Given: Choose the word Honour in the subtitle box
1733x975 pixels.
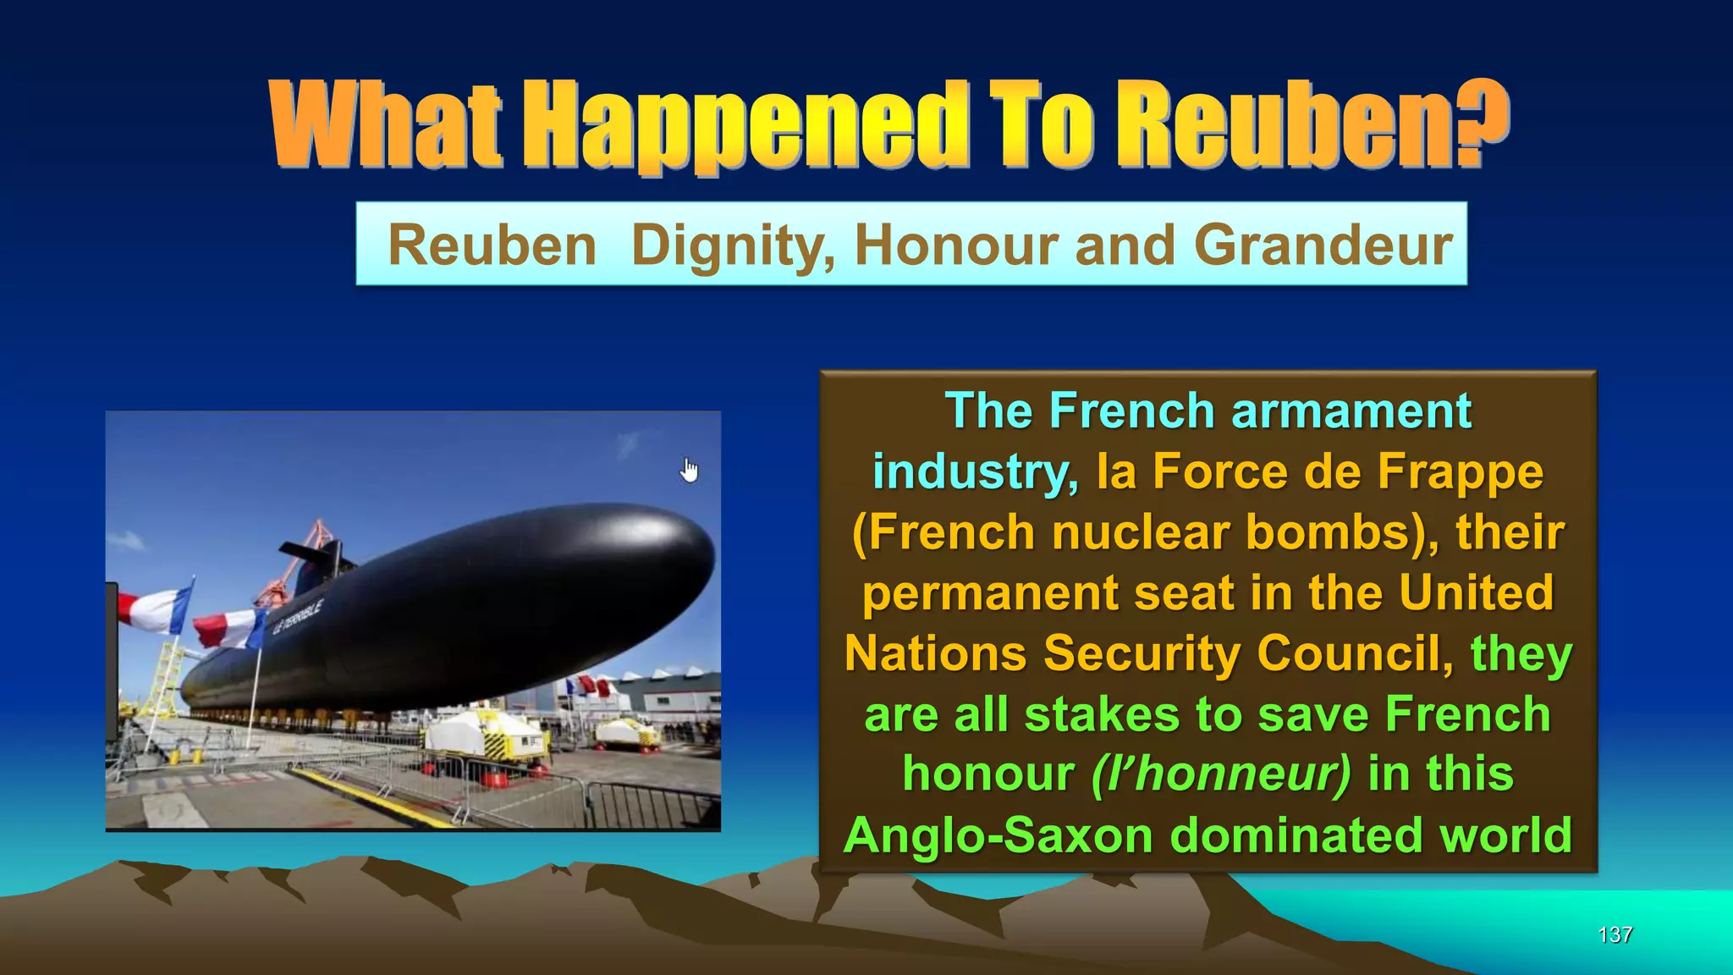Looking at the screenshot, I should click(956, 245).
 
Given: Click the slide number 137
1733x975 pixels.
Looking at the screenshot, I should click(1615, 934).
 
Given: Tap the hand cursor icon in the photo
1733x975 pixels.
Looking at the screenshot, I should click(690, 470).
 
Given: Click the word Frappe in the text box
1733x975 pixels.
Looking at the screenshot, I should click(1460, 471).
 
